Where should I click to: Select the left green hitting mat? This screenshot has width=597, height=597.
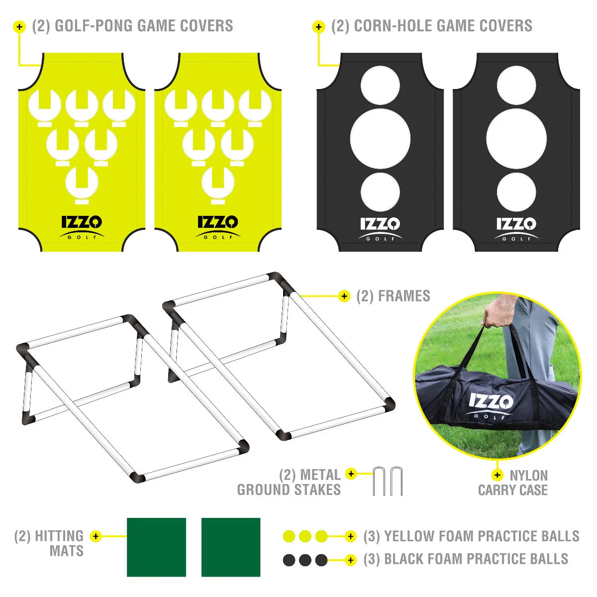point(156,547)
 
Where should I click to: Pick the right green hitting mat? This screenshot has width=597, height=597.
point(231,547)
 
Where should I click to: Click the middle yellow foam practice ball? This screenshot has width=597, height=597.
point(305,536)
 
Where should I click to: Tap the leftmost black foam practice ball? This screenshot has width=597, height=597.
point(289,560)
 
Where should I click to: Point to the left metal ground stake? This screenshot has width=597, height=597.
point(379,482)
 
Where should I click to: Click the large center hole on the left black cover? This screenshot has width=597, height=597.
point(381,138)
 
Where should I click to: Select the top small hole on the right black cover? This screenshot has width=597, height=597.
point(516,85)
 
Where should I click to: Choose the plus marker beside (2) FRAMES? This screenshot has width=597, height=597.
point(344,297)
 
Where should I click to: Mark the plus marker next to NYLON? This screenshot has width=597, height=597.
point(497,475)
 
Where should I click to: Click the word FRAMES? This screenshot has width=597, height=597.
point(404,296)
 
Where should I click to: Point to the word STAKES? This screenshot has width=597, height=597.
point(317,490)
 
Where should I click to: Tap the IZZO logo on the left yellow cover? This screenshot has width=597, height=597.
point(82,227)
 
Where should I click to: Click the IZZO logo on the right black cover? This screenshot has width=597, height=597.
point(516,229)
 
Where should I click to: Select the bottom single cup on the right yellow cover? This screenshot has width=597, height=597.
point(218,185)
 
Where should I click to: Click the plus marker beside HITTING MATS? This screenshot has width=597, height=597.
point(96,536)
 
